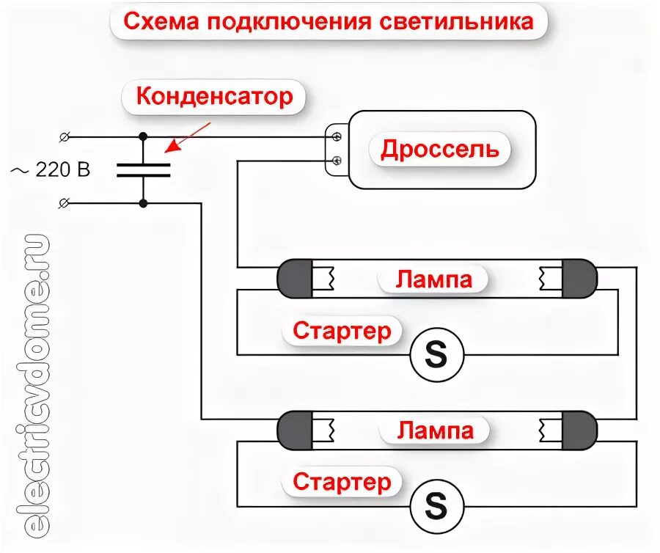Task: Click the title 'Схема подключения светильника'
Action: [x=328, y=21]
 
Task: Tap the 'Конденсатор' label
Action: [x=215, y=96]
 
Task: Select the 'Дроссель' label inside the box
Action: [x=439, y=150]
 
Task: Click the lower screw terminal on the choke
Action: [x=337, y=160]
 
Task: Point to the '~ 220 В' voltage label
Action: [x=50, y=170]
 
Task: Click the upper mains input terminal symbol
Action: [x=65, y=136]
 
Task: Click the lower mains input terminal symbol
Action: [x=65, y=203]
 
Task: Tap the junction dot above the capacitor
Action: [x=143, y=136]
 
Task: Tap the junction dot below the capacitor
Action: [x=143, y=203]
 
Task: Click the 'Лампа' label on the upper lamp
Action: [x=434, y=279]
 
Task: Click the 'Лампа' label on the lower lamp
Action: [x=435, y=430]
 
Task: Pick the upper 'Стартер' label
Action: [x=342, y=332]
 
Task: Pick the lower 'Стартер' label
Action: [x=342, y=483]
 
